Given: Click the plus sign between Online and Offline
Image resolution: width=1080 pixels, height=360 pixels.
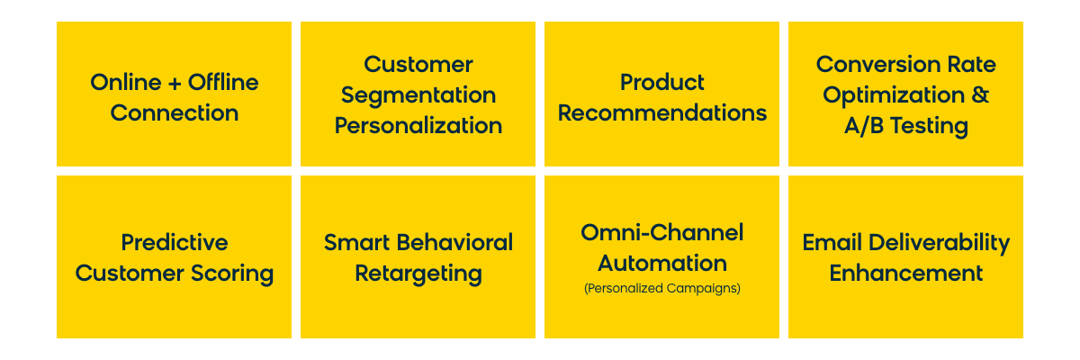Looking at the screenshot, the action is [175, 84].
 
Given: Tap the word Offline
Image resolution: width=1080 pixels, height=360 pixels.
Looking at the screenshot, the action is [223, 82].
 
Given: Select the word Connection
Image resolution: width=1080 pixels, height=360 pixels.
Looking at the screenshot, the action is [175, 112].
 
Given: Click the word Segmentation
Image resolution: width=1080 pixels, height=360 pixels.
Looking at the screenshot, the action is [418, 94].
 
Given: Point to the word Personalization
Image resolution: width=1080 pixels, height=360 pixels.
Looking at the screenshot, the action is [418, 125].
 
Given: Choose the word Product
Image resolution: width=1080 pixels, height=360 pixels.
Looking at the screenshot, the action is [662, 82].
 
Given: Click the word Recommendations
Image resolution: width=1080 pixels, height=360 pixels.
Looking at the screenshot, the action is [662, 112].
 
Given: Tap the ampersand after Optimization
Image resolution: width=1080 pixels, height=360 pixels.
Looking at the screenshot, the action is [980, 94].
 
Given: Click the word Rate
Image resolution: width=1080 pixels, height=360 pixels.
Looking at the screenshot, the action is [971, 64].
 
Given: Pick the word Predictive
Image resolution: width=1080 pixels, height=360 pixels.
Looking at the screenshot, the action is [175, 242].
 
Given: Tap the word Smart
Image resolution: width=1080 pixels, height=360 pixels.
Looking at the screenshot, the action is [357, 242].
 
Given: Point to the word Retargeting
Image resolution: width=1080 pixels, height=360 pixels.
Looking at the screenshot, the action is [418, 274].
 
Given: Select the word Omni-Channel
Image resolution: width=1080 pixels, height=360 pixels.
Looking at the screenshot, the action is [662, 232].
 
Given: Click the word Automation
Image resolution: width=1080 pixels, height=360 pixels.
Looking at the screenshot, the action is [662, 263].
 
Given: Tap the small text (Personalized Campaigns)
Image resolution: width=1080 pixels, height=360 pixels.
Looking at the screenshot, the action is [662, 288].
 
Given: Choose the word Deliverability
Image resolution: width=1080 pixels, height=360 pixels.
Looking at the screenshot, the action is [940, 243].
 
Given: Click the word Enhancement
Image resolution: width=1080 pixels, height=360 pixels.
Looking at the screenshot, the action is [906, 274].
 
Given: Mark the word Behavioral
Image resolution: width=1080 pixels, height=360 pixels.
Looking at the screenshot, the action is [455, 242].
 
